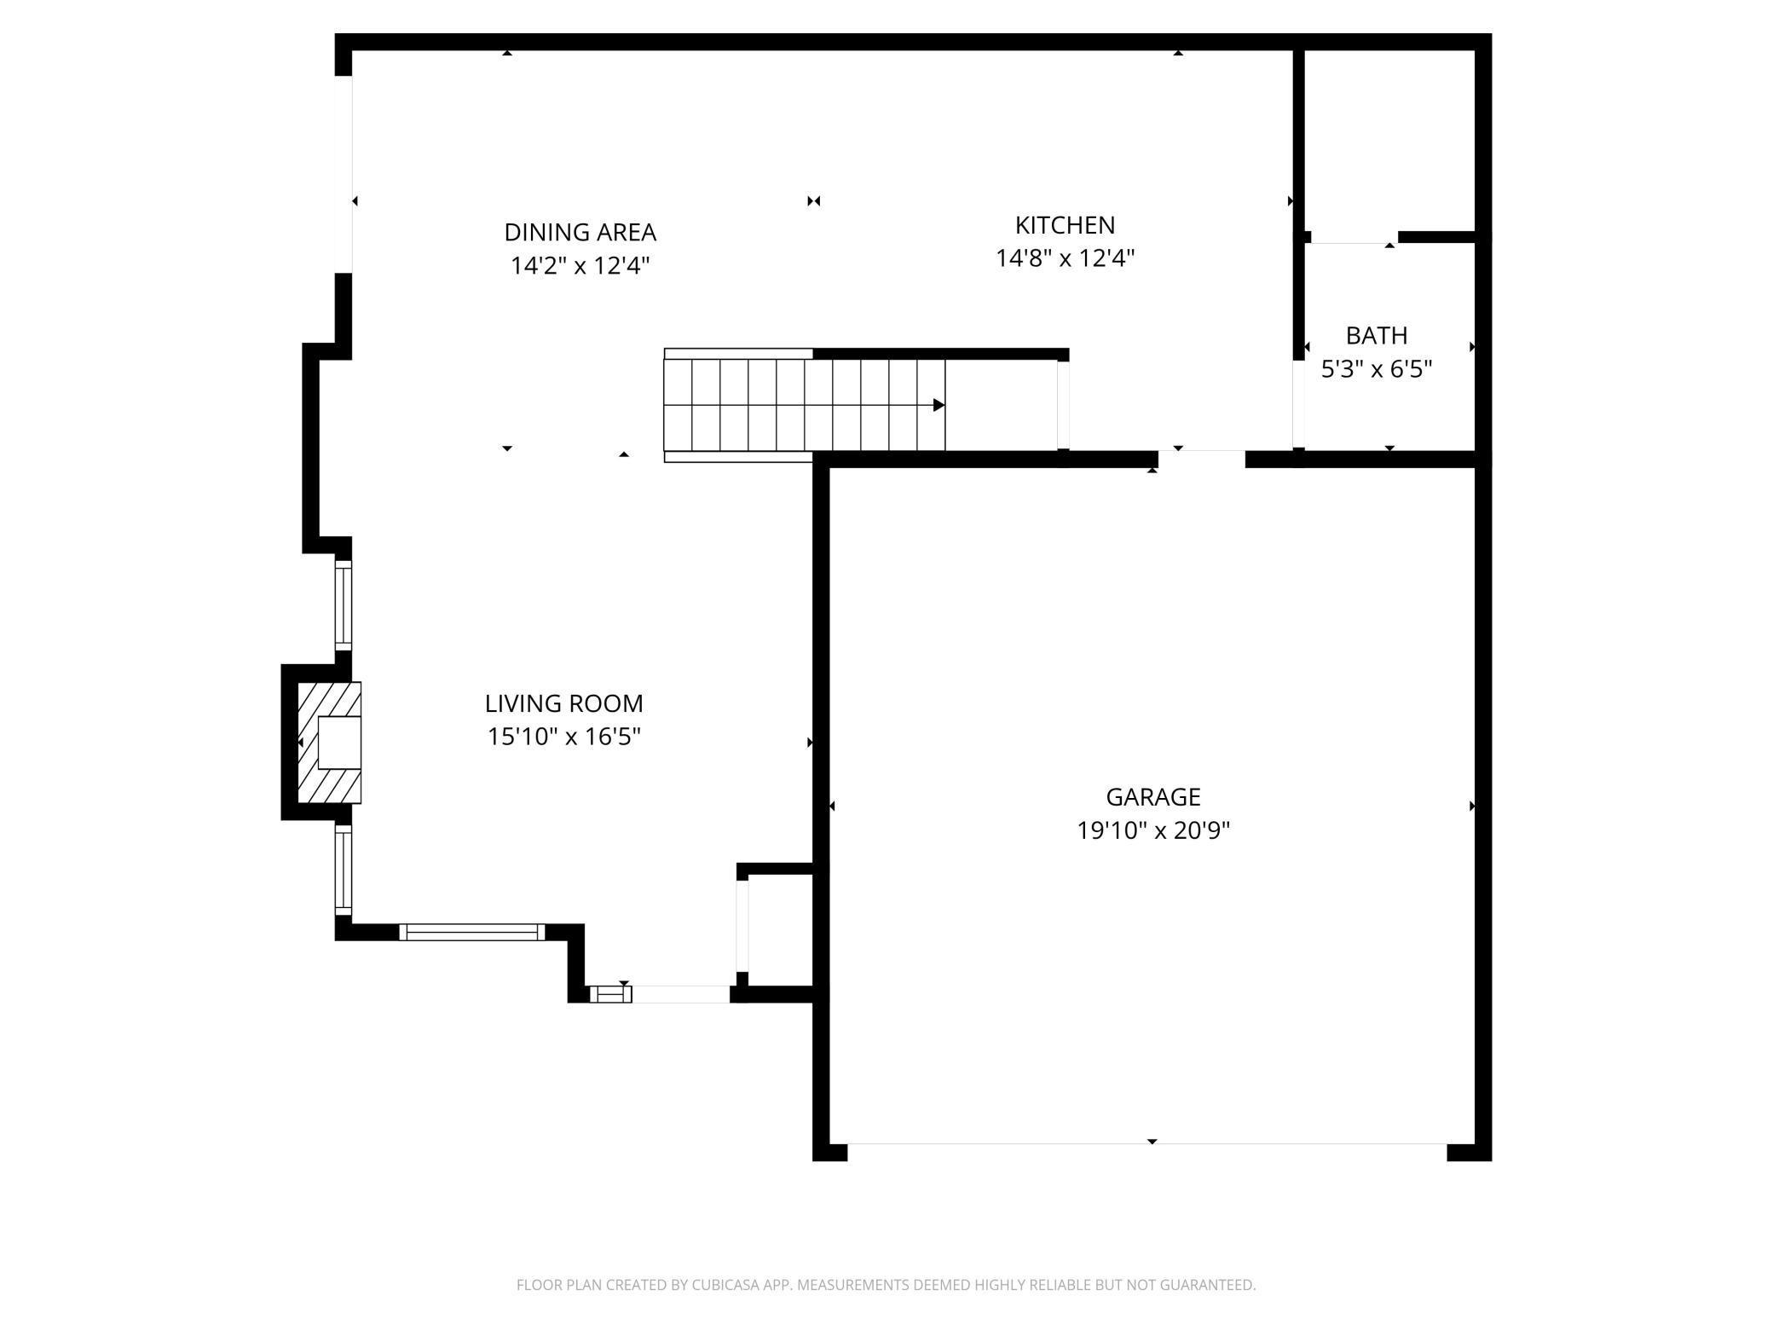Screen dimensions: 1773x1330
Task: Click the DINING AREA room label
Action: pos(580,232)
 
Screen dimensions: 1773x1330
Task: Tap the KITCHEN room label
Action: pos(1065,225)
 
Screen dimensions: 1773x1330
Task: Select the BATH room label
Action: pos(1376,335)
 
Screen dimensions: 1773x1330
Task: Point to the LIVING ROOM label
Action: pos(563,703)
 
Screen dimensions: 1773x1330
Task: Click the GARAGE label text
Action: pos(1152,796)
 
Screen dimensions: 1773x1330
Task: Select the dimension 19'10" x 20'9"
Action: pos(1152,830)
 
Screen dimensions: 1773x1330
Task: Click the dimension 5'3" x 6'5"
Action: pos(1376,368)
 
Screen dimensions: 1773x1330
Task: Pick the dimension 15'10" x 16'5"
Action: pos(563,736)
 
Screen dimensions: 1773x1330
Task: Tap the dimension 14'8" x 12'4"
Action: pos(1065,257)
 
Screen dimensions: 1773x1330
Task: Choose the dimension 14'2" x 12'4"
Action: pos(580,265)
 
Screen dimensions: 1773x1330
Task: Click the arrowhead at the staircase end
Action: pos(938,405)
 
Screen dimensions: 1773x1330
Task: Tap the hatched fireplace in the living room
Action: pos(329,742)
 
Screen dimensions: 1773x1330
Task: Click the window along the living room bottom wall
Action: pos(471,932)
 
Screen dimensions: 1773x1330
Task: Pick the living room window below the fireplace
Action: pos(343,870)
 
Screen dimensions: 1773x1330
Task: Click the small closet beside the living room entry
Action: pos(780,930)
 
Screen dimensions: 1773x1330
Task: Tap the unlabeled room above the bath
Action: pos(1390,141)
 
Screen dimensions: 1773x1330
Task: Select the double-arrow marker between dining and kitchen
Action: pos(813,201)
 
